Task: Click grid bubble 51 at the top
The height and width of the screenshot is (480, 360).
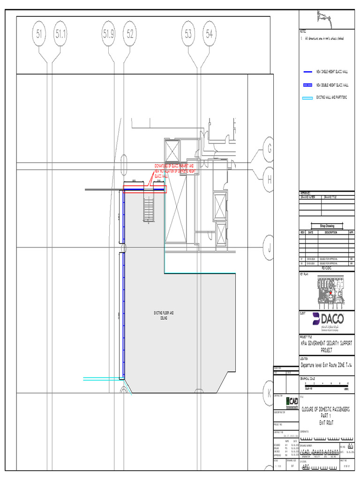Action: coord(39,34)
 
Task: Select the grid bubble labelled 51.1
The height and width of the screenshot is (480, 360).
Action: coord(61,34)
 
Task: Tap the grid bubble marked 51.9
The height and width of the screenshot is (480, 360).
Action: coord(109,34)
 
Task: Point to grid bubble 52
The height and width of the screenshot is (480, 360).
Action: coord(130,34)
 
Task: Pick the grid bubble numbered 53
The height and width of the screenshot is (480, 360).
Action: coord(188,34)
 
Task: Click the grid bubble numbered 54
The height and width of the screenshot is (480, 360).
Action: coord(209,34)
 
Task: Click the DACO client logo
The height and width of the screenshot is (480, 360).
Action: coord(328,319)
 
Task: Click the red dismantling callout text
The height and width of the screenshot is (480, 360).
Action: coord(174,171)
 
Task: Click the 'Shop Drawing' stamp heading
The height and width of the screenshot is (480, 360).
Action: coord(327,226)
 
